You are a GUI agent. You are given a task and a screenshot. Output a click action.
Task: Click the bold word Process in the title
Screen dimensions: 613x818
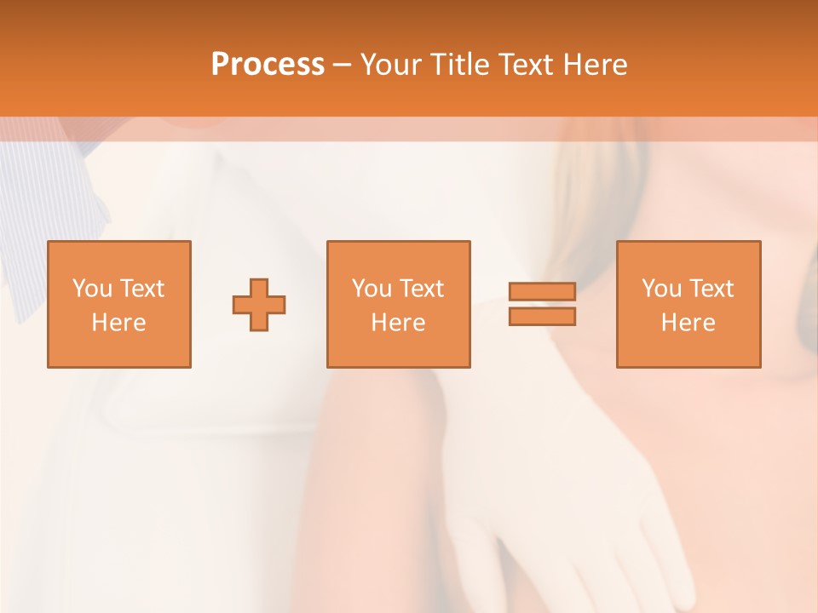[268, 65]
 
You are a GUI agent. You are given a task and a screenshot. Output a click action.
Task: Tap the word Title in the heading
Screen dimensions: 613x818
[458, 65]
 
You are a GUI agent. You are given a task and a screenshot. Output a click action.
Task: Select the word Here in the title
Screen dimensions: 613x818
[593, 65]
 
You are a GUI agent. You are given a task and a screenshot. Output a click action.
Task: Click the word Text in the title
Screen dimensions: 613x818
[524, 65]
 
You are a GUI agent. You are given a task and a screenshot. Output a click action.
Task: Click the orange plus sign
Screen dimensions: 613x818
[259, 305]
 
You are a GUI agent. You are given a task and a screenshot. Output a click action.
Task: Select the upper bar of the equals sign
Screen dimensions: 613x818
[542, 292]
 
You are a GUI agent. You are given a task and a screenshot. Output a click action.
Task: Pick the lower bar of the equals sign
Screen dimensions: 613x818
[542, 317]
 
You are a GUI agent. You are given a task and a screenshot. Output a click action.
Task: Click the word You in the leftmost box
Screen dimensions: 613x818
[92, 289]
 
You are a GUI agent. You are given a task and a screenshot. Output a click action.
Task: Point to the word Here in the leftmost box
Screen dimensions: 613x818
[118, 323]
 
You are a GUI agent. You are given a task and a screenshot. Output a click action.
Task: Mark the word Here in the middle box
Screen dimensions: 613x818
[398, 323]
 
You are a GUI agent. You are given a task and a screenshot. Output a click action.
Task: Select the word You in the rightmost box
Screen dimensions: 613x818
[661, 289]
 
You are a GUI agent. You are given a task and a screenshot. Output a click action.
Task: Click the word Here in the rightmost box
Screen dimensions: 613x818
[688, 323]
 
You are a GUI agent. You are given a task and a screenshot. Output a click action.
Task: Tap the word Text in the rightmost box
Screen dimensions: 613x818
[711, 289]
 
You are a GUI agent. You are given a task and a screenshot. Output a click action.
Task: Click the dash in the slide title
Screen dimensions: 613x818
[342, 66]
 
